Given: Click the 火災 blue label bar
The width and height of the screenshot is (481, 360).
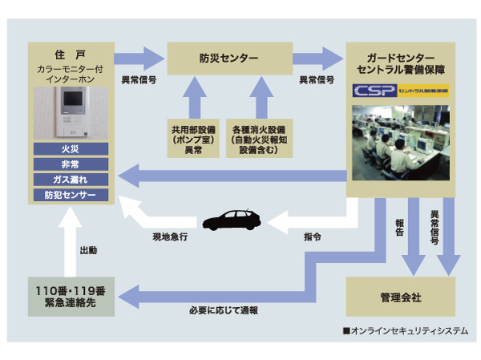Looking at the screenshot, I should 71,148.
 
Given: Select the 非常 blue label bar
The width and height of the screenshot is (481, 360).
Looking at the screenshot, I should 71,164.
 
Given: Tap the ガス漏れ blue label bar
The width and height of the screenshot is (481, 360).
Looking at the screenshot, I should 71,179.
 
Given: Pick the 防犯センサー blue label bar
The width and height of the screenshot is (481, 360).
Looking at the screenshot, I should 71,195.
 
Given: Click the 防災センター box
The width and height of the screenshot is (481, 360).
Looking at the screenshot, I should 228,59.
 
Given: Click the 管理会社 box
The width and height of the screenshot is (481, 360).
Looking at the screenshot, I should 400,297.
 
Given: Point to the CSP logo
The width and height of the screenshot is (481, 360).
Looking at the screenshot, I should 376,91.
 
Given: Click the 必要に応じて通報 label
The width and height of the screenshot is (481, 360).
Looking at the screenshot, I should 223,310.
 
